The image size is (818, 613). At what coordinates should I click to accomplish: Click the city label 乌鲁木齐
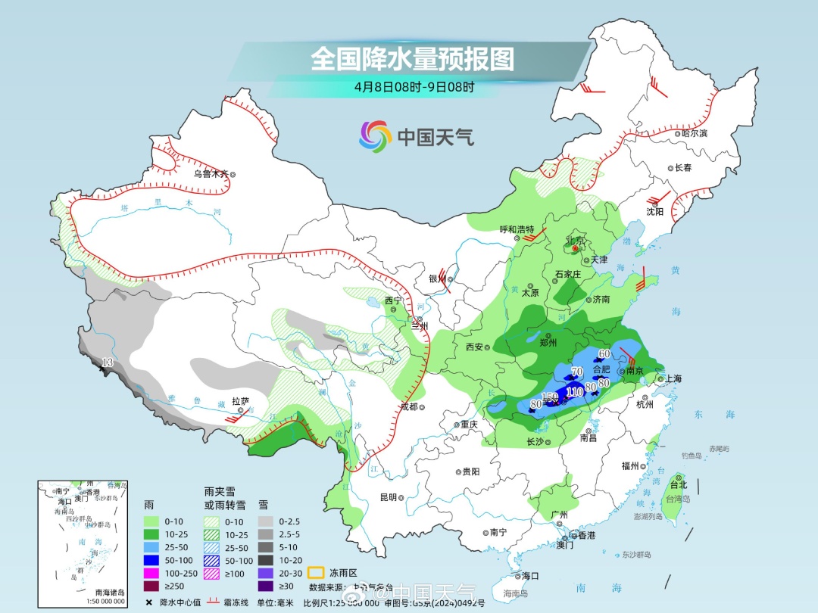(210, 173)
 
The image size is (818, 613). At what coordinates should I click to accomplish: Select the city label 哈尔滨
(694, 133)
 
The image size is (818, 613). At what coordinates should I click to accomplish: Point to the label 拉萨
(240, 400)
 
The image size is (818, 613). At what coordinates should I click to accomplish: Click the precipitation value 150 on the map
(550, 397)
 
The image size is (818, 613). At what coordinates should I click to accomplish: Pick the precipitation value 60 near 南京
(604, 353)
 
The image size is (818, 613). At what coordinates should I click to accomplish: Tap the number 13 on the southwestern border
(108, 363)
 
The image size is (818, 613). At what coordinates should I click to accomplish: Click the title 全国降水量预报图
(412, 59)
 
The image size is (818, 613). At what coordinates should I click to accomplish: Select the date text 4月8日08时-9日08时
(414, 86)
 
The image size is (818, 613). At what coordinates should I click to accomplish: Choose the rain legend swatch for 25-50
(154, 546)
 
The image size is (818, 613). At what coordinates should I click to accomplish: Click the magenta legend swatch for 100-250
(154, 573)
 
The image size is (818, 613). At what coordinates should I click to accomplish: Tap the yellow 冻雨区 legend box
(316, 573)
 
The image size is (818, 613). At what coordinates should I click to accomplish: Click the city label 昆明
(388, 497)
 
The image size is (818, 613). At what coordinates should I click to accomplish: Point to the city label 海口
(531, 576)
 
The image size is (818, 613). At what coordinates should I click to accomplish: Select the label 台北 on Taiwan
(679, 484)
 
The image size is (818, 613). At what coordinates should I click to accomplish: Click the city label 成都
(408, 406)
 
